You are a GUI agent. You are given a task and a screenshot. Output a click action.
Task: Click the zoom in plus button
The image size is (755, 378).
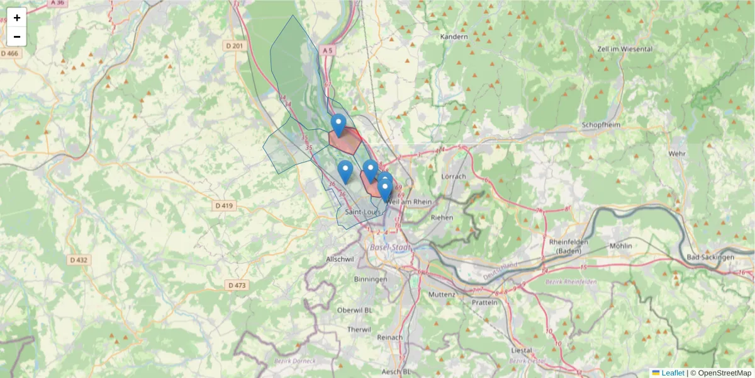17,18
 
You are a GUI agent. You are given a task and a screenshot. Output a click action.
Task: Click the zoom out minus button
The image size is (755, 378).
17,37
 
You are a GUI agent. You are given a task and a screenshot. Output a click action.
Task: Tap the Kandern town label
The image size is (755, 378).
454,37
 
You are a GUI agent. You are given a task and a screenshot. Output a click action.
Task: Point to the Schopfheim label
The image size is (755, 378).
601,125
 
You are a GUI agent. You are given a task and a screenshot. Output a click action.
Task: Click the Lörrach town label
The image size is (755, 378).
454,176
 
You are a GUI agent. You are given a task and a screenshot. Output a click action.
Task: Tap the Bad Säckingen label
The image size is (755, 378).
710,257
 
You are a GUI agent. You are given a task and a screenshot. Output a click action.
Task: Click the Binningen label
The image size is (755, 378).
371,278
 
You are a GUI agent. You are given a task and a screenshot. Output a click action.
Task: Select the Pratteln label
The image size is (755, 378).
484,302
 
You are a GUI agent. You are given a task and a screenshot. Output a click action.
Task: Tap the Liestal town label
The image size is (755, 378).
522,350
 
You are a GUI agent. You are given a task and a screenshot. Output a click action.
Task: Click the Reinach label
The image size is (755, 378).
389,338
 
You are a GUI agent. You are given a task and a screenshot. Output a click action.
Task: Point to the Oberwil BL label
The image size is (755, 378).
355,310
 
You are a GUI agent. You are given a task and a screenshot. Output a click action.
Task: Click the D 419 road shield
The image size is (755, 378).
223,205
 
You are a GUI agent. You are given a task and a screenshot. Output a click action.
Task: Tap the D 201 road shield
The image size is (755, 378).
233,45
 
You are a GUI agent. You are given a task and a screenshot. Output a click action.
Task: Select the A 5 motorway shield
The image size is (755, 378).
326,50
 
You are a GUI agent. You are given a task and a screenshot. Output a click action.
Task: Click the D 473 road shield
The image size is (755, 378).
237,285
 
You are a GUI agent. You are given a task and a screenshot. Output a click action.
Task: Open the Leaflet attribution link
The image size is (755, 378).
672,373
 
